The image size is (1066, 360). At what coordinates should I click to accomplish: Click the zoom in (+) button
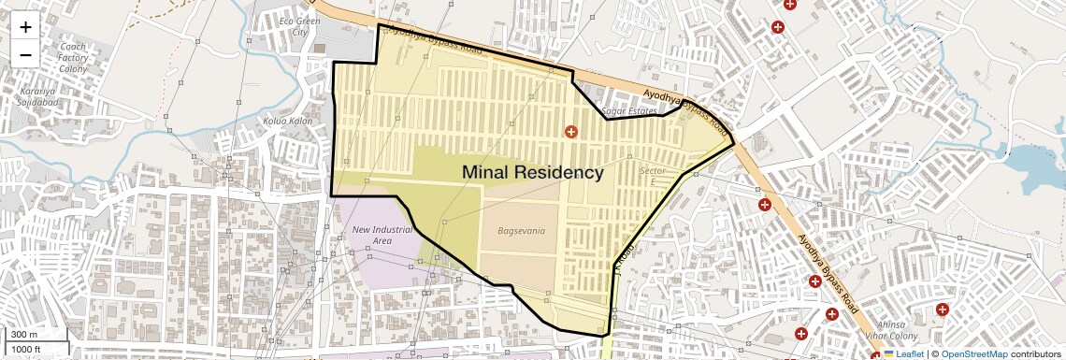25,27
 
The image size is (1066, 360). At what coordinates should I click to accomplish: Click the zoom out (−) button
25,54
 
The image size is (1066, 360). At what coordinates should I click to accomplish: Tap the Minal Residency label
533,173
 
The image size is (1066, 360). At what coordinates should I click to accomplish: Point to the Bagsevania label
521,230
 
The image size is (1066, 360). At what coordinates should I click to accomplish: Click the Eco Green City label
299,26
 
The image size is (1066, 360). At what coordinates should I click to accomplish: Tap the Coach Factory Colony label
72,57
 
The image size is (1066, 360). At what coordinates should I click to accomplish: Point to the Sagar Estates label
630,110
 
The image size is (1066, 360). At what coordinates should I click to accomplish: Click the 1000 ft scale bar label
26,350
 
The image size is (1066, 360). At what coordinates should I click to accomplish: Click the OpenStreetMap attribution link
973,354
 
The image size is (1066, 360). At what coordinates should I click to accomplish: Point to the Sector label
652,171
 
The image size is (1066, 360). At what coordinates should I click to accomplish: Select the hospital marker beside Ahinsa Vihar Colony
943,309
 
